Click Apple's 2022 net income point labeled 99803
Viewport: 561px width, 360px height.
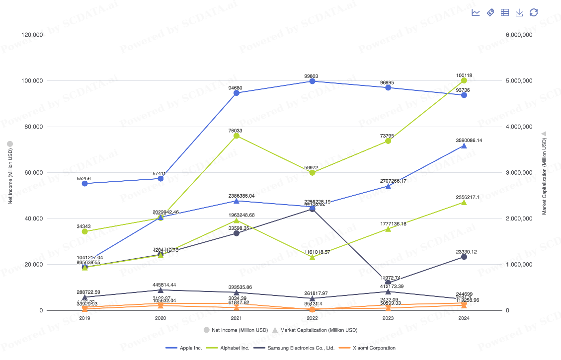click(312, 81)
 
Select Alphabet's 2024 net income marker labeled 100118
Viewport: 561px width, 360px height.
click(464, 80)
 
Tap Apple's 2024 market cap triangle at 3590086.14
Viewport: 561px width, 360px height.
click(464, 146)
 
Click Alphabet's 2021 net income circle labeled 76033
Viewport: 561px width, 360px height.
click(237, 136)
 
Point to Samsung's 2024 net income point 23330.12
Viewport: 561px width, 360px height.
click(464, 257)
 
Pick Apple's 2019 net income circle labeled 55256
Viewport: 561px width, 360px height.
click(85, 183)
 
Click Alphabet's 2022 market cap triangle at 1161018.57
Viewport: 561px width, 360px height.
click(312, 257)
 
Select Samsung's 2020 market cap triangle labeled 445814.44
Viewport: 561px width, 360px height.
click(160, 290)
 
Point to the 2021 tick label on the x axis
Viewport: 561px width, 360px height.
click(237, 318)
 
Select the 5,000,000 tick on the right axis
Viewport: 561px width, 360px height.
click(518, 81)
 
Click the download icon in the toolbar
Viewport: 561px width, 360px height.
click(519, 12)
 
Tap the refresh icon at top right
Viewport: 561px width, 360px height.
click(534, 12)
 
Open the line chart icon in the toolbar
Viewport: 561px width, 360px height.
click(476, 12)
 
